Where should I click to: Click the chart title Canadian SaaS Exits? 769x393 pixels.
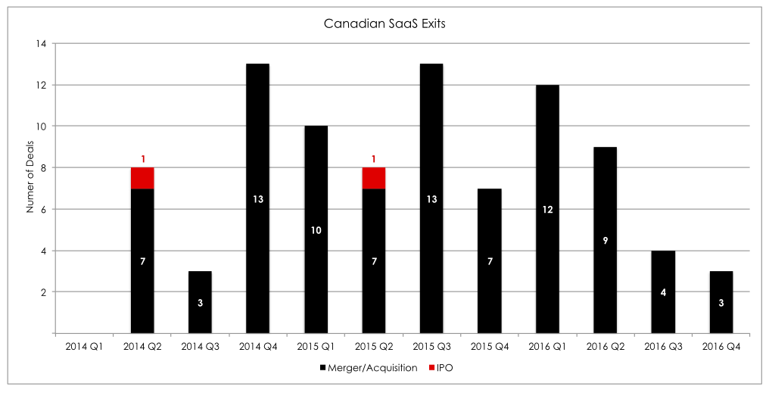[x=384, y=23]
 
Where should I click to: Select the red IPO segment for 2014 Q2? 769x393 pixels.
[x=142, y=178]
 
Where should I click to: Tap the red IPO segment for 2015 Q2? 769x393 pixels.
[x=374, y=178]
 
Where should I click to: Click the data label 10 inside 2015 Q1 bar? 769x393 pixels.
[x=316, y=229]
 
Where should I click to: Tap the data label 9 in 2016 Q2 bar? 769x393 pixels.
[x=605, y=240]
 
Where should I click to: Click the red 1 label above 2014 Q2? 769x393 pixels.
[x=142, y=159]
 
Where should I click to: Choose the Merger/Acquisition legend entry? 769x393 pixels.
[x=363, y=367]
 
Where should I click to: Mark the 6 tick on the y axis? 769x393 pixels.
[x=42, y=209]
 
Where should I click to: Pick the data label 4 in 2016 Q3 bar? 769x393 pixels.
[x=663, y=292]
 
